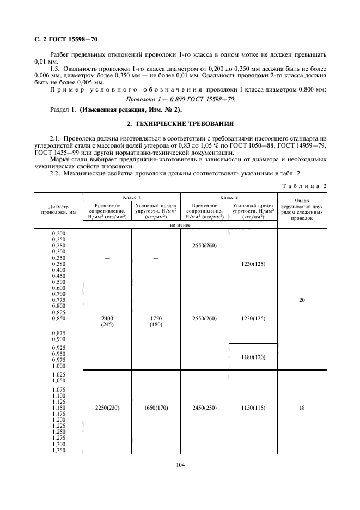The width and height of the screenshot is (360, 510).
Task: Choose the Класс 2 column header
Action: (x=229, y=197)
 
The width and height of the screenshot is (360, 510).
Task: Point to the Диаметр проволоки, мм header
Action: (x=58, y=210)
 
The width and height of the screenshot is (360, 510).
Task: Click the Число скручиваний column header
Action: (x=302, y=208)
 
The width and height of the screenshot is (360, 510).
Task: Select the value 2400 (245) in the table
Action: (x=107, y=321)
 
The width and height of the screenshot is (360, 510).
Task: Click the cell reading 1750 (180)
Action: (x=156, y=321)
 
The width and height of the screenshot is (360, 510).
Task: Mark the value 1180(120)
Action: (x=253, y=356)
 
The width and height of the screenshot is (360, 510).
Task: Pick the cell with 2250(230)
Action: (x=107, y=408)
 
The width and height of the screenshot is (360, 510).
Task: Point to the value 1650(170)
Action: (x=156, y=408)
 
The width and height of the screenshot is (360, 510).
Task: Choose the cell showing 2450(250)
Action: (x=204, y=408)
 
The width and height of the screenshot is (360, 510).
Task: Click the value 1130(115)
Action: (x=253, y=408)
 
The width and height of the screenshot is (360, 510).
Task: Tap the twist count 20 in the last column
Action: (x=302, y=299)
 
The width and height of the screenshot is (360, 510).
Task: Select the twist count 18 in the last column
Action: (x=302, y=408)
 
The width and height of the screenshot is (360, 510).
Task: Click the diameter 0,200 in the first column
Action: (x=58, y=233)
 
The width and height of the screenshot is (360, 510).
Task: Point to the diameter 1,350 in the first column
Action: (x=58, y=450)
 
